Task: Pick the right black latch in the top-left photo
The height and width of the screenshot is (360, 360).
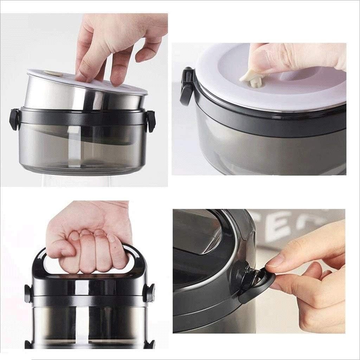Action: (151, 121)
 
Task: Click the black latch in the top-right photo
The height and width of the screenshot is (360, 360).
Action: (186, 86)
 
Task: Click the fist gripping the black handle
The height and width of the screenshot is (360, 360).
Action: (90, 239)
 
